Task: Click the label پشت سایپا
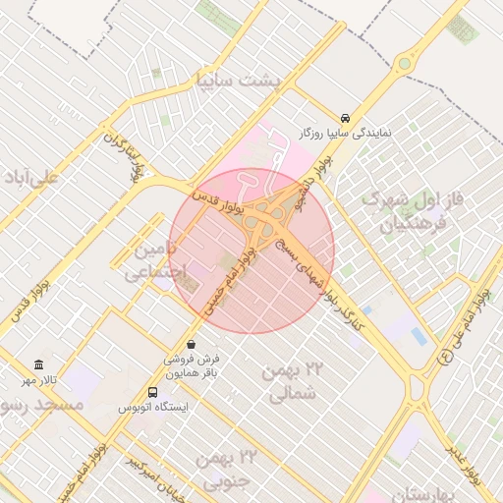pyautogui.click(x=238, y=80)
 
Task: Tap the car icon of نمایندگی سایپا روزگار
pyautogui.click(x=345, y=116)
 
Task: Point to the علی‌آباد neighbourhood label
pyautogui.click(x=30, y=178)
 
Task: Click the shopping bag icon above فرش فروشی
pyautogui.click(x=190, y=345)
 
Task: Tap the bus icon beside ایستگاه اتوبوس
pyautogui.click(x=150, y=391)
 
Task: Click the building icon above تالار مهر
pyautogui.click(x=38, y=364)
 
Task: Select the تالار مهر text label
pyautogui.click(x=42, y=379)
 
